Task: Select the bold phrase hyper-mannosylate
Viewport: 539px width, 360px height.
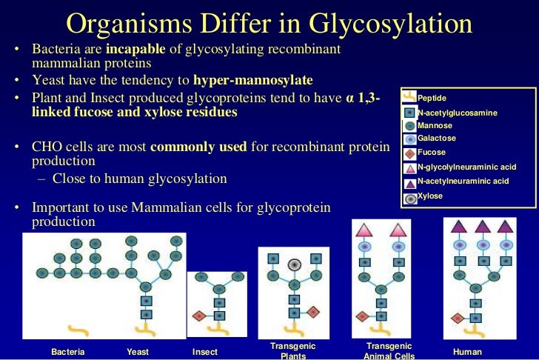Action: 253,80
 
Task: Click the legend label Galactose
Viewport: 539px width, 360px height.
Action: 437,139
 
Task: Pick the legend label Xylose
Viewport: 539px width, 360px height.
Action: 430,196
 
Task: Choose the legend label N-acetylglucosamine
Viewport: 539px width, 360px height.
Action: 457,113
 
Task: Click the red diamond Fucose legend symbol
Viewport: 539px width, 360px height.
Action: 409,153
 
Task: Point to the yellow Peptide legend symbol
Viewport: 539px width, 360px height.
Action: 409,96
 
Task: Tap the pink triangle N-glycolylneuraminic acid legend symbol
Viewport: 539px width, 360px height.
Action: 409,168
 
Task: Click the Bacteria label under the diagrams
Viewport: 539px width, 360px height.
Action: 68,352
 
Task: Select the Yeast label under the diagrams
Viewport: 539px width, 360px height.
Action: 138,352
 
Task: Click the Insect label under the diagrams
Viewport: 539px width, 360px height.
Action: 205,352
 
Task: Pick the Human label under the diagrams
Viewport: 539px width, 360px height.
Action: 467,352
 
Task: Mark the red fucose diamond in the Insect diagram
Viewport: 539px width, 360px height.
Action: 198,316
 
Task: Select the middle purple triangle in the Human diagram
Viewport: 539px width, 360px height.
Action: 482,227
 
